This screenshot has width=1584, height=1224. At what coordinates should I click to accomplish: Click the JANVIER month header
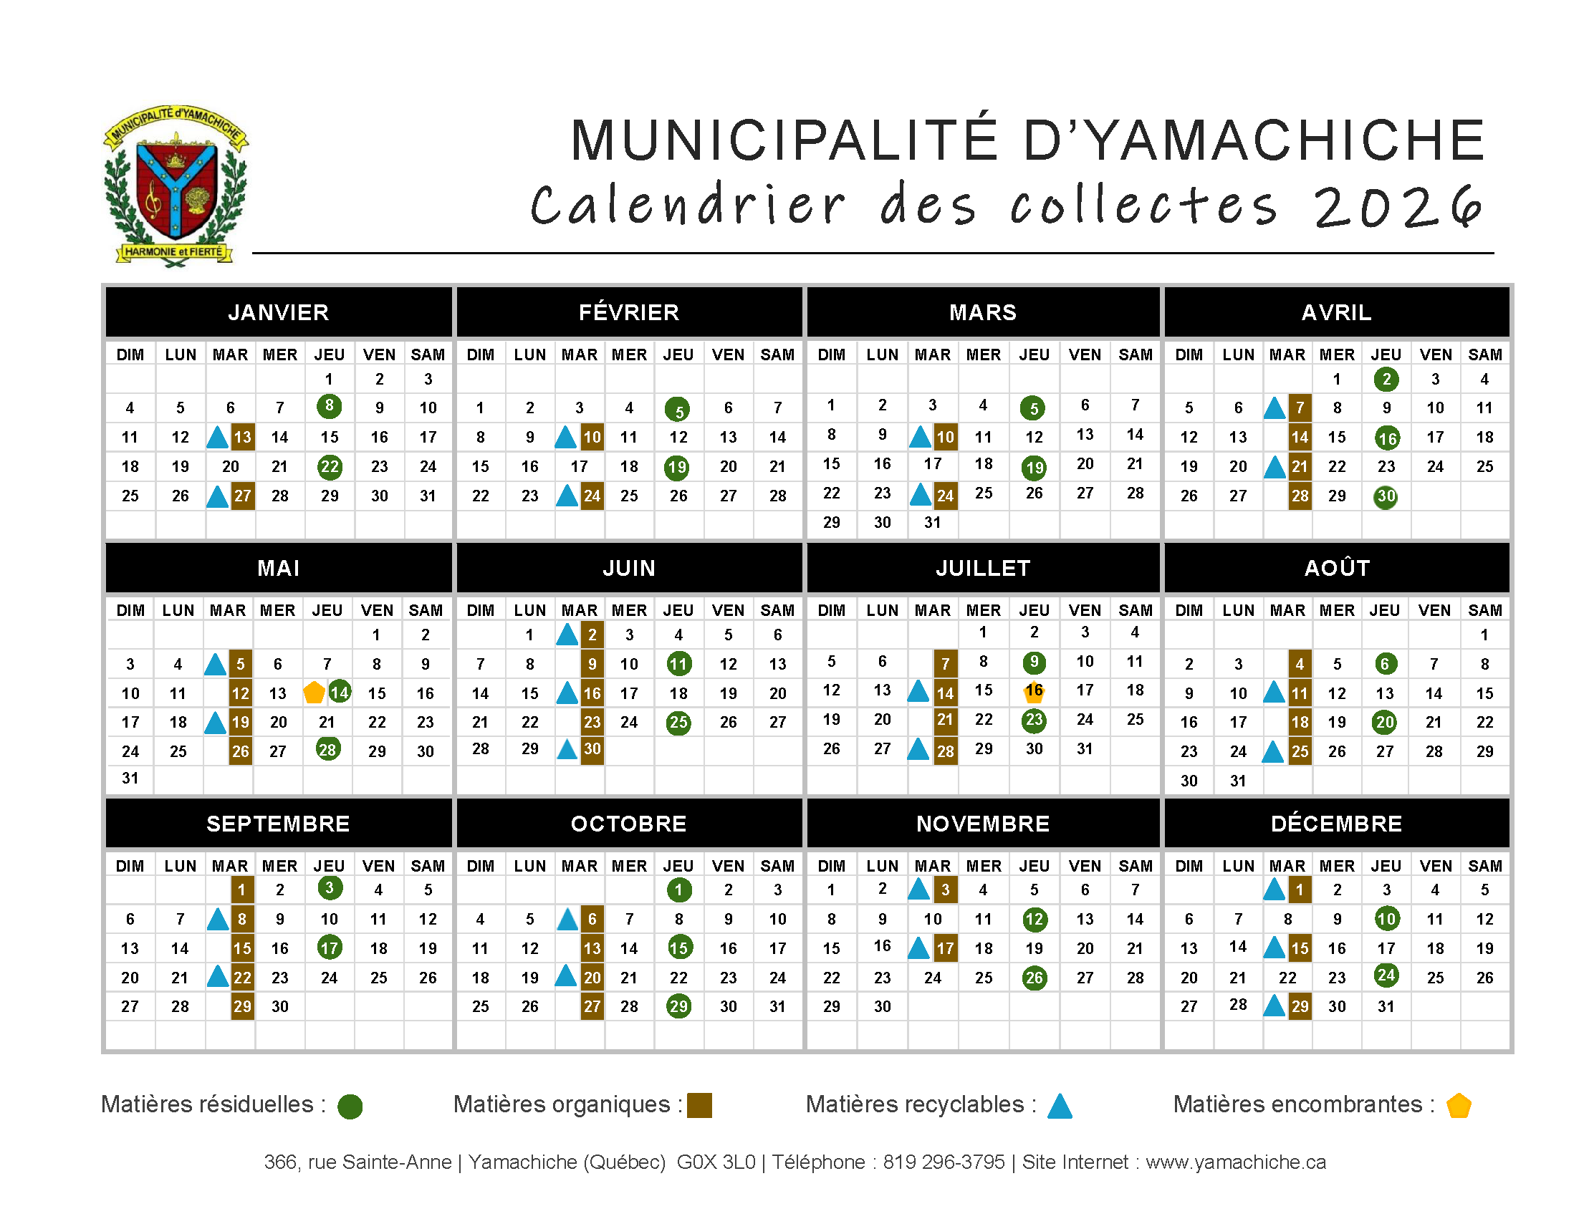pyautogui.click(x=279, y=312)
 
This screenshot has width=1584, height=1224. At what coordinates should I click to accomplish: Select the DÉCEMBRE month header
pyautogui.click(x=1336, y=824)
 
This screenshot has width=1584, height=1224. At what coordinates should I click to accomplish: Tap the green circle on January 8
pyautogui.click(x=330, y=406)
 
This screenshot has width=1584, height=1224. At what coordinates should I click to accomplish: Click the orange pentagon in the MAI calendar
pyautogui.click(x=314, y=693)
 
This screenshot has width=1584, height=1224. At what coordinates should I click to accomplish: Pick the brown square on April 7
pyautogui.click(x=1300, y=408)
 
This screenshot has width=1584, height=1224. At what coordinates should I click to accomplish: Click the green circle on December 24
pyautogui.click(x=1386, y=975)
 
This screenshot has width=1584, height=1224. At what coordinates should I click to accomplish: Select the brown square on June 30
pyautogui.click(x=592, y=749)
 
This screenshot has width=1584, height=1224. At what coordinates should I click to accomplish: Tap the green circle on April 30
pyautogui.click(x=1386, y=497)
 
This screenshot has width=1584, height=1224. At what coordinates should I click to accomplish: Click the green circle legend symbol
pyautogui.click(x=350, y=1107)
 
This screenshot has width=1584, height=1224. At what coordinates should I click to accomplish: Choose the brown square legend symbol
pyautogui.click(x=699, y=1105)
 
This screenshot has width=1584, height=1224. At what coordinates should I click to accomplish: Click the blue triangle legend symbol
pyautogui.click(x=1060, y=1107)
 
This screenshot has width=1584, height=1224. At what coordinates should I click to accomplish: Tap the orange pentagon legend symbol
pyautogui.click(x=1459, y=1106)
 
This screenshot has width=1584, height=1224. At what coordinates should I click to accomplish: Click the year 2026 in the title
pyautogui.click(x=1398, y=208)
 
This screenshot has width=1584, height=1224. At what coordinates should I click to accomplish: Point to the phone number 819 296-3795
pyautogui.click(x=944, y=1162)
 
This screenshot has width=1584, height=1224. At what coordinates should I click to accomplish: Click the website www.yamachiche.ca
pyautogui.click(x=1235, y=1162)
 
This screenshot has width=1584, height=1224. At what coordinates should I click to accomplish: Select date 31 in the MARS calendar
pyautogui.click(x=932, y=522)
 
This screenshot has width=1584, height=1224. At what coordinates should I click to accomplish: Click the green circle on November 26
pyautogui.click(x=1035, y=978)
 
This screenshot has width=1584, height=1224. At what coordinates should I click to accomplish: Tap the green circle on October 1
pyautogui.click(x=678, y=890)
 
